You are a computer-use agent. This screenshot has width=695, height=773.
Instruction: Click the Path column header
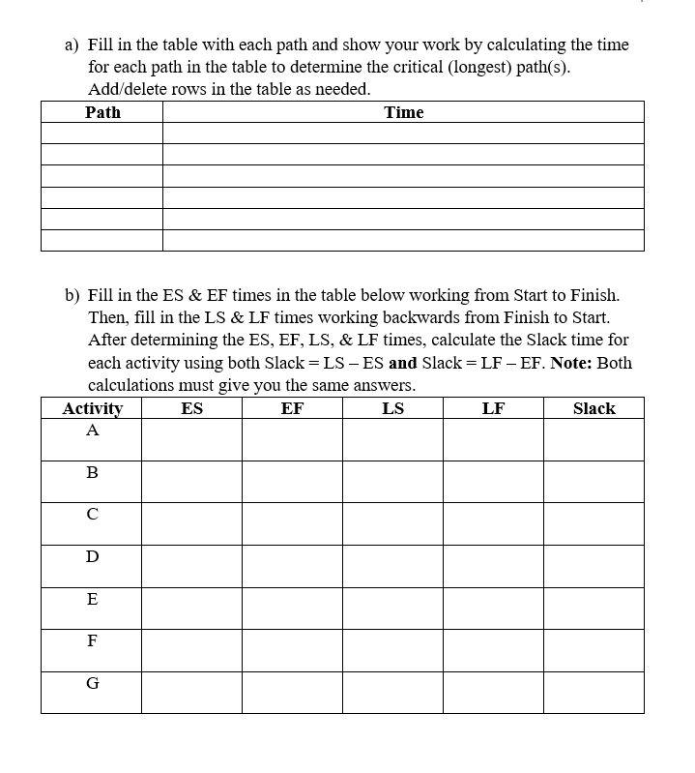pyautogui.click(x=102, y=112)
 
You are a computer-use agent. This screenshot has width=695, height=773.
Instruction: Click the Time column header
pyautogui.click(x=403, y=112)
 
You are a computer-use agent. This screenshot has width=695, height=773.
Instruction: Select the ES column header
pyautogui.click(x=191, y=408)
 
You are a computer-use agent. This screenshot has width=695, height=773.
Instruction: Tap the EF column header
pyautogui.click(x=292, y=408)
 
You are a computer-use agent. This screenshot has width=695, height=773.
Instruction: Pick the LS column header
pyautogui.click(x=392, y=408)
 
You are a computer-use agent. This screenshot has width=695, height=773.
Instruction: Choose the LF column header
pyautogui.click(x=493, y=408)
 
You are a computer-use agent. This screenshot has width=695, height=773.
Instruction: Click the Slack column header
pyautogui.click(x=594, y=408)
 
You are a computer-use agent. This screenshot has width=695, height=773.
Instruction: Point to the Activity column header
pyautogui.click(x=92, y=408)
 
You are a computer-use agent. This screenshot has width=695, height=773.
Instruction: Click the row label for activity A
pyautogui.click(x=92, y=431)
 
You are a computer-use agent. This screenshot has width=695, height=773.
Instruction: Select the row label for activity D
pyautogui.click(x=92, y=557)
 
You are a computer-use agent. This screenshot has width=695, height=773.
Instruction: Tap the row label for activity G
pyautogui.click(x=92, y=683)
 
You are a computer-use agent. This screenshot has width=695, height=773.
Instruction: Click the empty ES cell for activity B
pyautogui.click(x=191, y=481)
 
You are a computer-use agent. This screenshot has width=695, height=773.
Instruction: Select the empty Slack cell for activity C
pyautogui.click(x=594, y=523)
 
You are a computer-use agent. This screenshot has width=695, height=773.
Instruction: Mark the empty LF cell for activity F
pyautogui.click(x=493, y=650)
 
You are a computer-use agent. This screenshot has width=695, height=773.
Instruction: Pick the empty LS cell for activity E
pyautogui.click(x=392, y=608)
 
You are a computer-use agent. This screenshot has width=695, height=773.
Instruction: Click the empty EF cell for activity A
pyautogui.click(x=292, y=439)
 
